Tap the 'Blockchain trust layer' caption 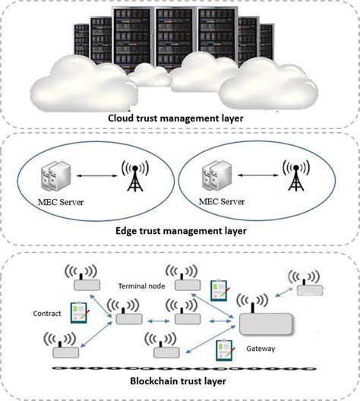coord(180,384)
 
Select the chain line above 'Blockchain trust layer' coord(180,368)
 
